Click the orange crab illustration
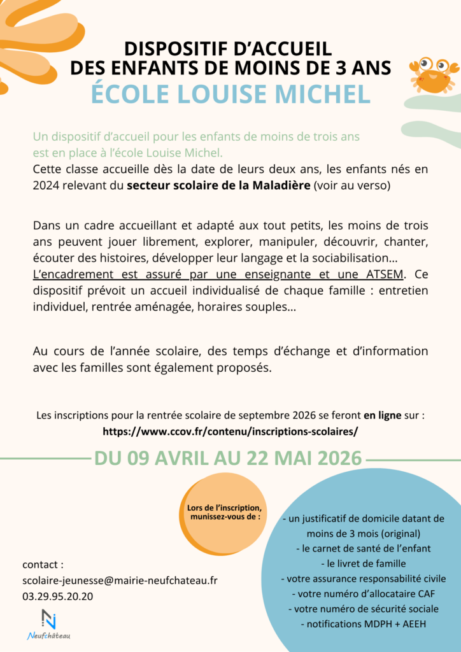pyautogui.click(x=434, y=74)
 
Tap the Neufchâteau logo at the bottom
pyautogui.click(x=49, y=623)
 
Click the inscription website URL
pyautogui.click(x=230, y=431)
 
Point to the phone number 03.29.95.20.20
pyautogui.click(x=57, y=596)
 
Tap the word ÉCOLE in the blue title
pyautogui.click(x=129, y=94)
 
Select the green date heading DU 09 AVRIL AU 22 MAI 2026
pyautogui.click(x=229, y=458)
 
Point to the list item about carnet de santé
pyautogui.click(x=364, y=548)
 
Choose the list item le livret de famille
pyautogui.click(x=364, y=563)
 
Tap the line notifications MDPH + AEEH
pyautogui.click(x=364, y=624)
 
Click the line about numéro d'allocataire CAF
pyautogui.click(x=364, y=593)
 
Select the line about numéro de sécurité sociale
pyautogui.click(x=364, y=609)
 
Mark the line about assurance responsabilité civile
pyautogui.click(x=364, y=578)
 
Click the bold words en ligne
pyautogui.click(x=382, y=415)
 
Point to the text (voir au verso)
pyautogui.click(x=353, y=185)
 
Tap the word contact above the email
pyautogui.click(x=43, y=564)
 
